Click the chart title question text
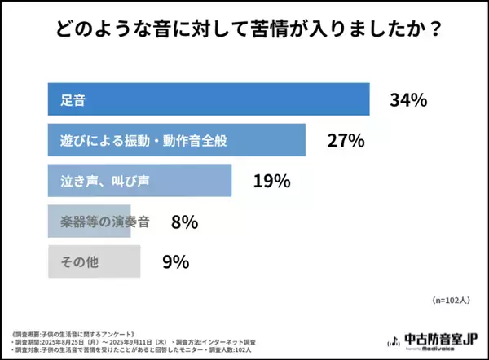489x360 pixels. [244, 33]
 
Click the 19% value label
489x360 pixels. [271, 181]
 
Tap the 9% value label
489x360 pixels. [175, 262]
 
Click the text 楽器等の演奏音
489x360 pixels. [104, 221]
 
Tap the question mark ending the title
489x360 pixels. [434, 33]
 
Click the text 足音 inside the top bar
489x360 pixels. [73, 101]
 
